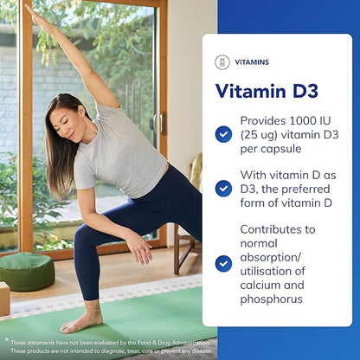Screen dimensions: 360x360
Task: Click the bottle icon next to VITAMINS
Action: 223,61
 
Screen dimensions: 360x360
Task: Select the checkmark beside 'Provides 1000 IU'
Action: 223,134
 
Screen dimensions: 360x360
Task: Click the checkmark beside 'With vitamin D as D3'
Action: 223,188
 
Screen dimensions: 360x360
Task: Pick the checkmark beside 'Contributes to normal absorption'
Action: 223,263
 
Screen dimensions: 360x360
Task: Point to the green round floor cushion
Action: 27,271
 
